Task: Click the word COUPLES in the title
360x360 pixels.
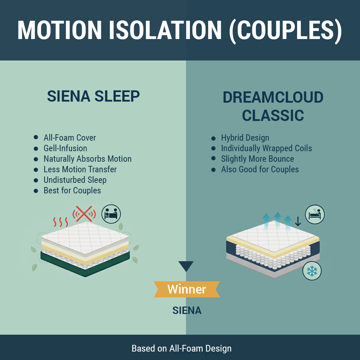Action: pyautogui.click(x=285, y=30)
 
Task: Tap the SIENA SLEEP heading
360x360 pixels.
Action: pyautogui.click(x=94, y=96)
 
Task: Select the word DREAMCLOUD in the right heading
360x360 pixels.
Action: pyautogui.click(x=273, y=97)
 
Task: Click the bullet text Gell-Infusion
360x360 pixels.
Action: pyautogui.click(x=65, y=148)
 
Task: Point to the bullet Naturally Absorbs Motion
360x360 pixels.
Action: pyautogui.click(x=88, y=159)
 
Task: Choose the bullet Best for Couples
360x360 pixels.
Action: pyautogui.click(x=72, y=191)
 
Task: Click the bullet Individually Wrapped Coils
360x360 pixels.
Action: pyautogui.click(x=266, y=148)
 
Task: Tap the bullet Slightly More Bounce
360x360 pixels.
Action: pyautogui.click(x=258, y=159)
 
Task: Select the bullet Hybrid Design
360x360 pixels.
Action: pyautogui.click(x=245, y=138)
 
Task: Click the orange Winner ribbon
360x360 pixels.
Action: pyautogui.click(x=187, y=289)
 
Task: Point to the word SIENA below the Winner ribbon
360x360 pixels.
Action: pyautogui.click(x=187, y=310)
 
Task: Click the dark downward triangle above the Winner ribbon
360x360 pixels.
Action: pyautogui.click(x=186, y=266)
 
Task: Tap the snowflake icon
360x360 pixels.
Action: pyautogui.click(x=312, y=271)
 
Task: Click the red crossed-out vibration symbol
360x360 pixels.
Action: pyautogui.click(x=84, y=214)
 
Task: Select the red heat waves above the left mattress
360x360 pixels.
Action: pyautogui.click(x=60, y=222)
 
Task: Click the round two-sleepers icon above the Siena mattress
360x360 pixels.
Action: pyautogui.click(x=111, y=214)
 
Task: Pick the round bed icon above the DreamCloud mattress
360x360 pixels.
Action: pyautogui.click(x=315, y=214)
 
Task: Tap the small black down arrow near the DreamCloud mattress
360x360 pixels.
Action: pyautogui.click(x=298, y=221)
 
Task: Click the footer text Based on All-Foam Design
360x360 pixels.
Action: pyautogui.click(x=181, y=348)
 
